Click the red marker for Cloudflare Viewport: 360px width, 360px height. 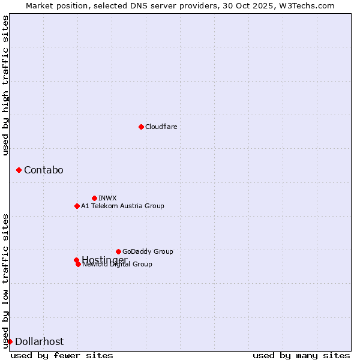pyautogui.click(x=141, y=127)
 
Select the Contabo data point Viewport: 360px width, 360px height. pyautogui.click(x=19, y=170)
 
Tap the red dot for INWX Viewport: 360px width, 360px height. pyautogui.click(x=94, y=198)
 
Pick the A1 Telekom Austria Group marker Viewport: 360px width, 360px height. pyautogui.click(x=77, y=206)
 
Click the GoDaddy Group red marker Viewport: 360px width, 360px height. pyautogui.click(x=118, y=251)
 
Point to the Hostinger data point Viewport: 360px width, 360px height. pyautogui.click(x=76, y=260)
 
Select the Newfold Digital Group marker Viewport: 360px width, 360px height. pyautogui.click(x=78, y=264)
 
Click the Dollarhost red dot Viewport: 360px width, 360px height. pyautogui.click(x=10, y=341)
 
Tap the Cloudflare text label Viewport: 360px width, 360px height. pyautogui.click(x=161, y=127)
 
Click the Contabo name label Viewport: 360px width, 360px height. pyautogui.click(x=43, y=170)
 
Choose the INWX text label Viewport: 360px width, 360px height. pyautogui.click(x=107, y=198)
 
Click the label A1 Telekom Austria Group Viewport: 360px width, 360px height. pyautogui.click(x=122, y=206)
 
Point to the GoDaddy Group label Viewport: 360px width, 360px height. pyautogui.click(x=148, y=251)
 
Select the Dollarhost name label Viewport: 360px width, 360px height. pyautogui.click(x=39, y=341)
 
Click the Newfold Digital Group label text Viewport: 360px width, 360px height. pyautogui.click(x=118, y=265)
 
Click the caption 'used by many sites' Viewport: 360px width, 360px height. pyautogui.click(x=301, y=355)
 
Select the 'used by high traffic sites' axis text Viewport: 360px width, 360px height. pyautogui.click(x=5, y=85)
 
